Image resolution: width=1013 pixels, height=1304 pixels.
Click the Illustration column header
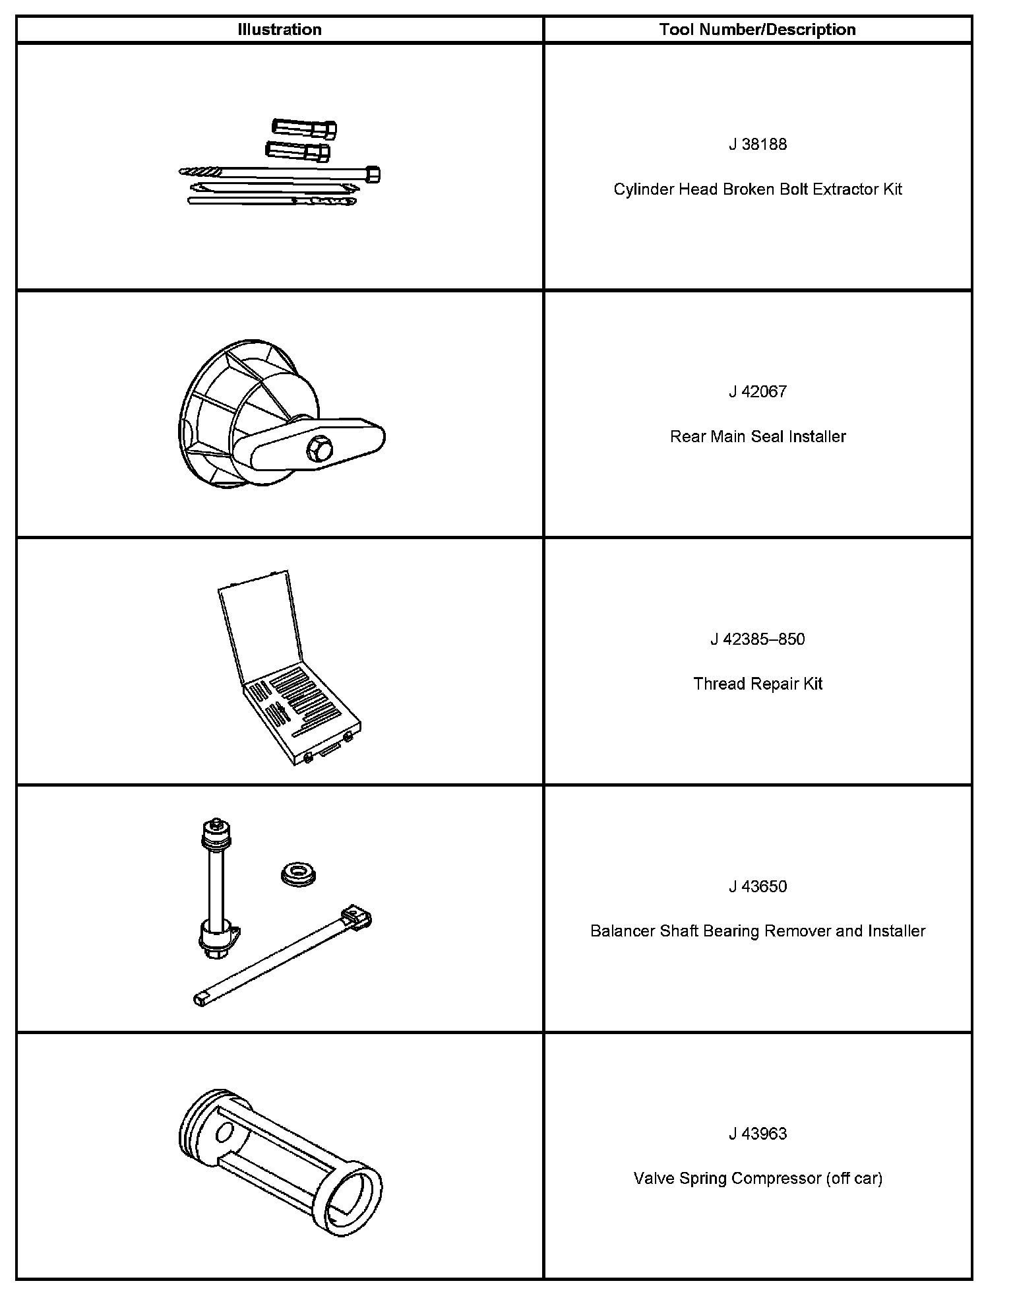tap(279, 30)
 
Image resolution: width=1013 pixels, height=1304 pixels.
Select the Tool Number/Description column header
tap(757, 30)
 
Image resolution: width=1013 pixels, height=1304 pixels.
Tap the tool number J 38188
tap(757, 145)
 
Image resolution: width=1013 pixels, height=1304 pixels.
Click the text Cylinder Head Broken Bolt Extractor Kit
tap(757, 189)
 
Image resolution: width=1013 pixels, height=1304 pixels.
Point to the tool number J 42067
tap(757, 391)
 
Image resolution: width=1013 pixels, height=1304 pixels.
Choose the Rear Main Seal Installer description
tap(757, 436)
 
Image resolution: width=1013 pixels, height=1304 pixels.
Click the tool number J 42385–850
tap(757, 639)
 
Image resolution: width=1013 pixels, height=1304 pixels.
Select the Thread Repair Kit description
tap(757, 684)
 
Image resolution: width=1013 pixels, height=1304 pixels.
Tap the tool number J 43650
tap(757, 886)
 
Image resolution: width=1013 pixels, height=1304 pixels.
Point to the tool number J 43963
tap(757, 1134)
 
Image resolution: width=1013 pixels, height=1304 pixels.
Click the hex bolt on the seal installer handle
tap(319, 450)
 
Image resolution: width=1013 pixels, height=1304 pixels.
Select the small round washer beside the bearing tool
tap(298, 875)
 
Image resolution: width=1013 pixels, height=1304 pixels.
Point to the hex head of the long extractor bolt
tap(372, 175)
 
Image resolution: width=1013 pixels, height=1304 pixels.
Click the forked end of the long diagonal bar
tap(357, 918)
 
